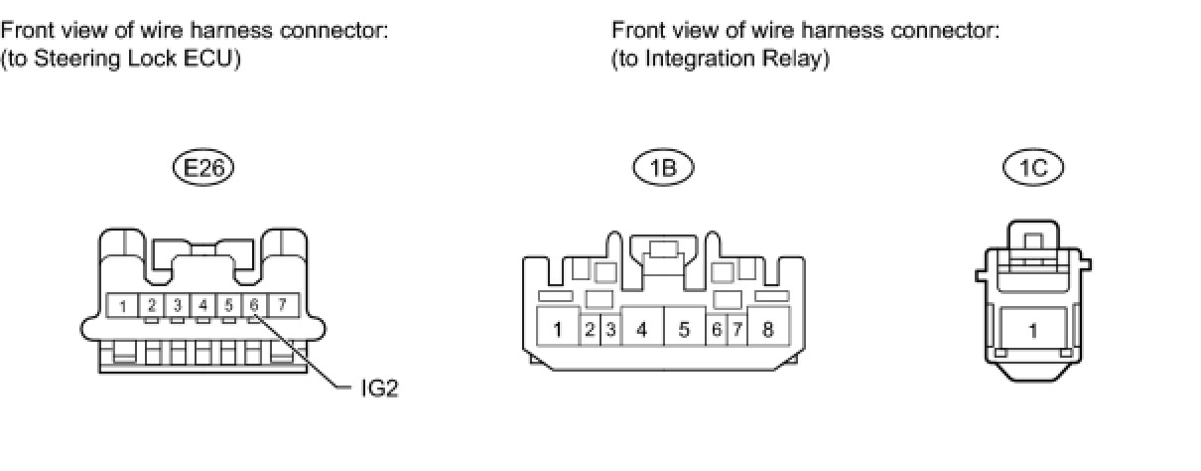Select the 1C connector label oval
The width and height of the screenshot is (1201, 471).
tap(1032, 168)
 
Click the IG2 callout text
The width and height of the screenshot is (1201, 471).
tap(379, 388)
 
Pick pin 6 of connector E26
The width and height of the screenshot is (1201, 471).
tap(254, 305)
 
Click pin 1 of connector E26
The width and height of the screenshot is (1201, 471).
tap(123, 305)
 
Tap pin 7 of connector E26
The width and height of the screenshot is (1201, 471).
tap(282, 305)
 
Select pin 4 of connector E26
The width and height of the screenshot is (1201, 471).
tap(202, 305)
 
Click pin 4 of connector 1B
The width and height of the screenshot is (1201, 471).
tap(642, 329)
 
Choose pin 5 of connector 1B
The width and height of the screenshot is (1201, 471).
tap(684, 329)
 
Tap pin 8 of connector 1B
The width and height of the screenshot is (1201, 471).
tap(767, 329)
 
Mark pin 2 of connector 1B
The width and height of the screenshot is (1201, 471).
tap(590, 329)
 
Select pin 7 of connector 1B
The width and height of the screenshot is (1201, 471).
tap(737, 329)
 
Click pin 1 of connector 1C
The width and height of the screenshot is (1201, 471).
tap(1033, 331)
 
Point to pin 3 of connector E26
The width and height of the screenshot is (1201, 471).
tap(177, 305)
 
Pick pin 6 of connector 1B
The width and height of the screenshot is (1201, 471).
tap(717, 329)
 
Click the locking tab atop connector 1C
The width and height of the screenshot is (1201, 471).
tap(1032, 239)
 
